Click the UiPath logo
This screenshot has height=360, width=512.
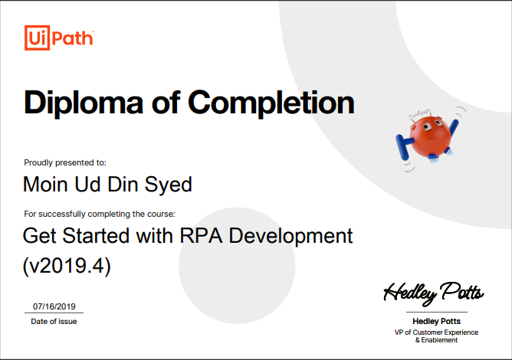tap(58, 37)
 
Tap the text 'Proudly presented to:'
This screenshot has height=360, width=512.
tap(65, 162)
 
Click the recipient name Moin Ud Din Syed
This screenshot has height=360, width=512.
tap(107, 185)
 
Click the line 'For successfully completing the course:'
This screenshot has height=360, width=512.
tap(100, 214)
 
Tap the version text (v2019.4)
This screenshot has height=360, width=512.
tap(67, 266)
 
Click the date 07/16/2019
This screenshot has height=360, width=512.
tap(54, 306)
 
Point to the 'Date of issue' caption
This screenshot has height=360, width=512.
tap(54, 322)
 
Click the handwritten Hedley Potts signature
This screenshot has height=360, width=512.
tap(434, 292)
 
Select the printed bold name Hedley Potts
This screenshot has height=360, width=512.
tap(436, 322)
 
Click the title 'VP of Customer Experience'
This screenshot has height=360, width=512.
tap(436, 332)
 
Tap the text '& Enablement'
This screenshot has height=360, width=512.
tap(436, 341)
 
